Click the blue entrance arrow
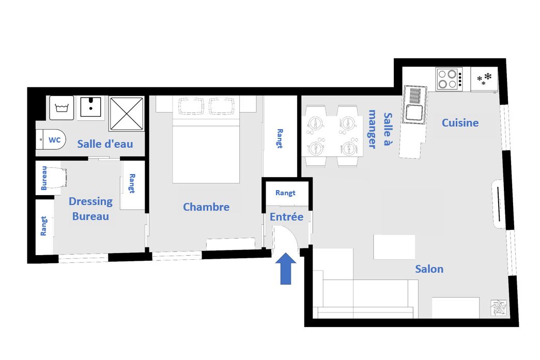(x=286, y=269)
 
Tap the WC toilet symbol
(x=51, y=139)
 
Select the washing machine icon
(x=61, y=108)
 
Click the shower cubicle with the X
(x=127, y=114)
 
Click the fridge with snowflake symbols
(x=484, y=80)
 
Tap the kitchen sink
(x=415, y=105)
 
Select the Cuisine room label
(x=460, y=123)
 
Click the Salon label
(x=429, y=269)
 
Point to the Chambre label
(x=206, y=207)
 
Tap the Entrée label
(x=286, y=217)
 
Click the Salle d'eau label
(x=105, y=144)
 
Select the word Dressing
(x=90, y=201)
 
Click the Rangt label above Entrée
(x=285, y=193)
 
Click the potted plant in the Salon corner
(x=499, y=307)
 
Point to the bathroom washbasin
(x=90, y=107)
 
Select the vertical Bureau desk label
(x=44, y=178)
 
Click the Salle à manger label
(x=380, y=129)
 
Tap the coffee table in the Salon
(x=394, y=247)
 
